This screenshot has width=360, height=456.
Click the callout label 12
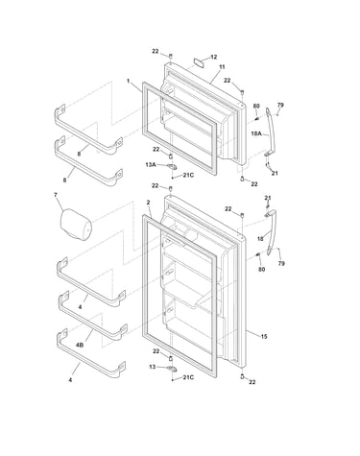click(x=213, y=57)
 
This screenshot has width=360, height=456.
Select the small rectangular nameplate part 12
click(x=199, y=62)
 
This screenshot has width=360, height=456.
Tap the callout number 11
click(x=222, y=67)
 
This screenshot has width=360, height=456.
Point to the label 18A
click(x=256, y=133)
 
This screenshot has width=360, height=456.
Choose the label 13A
click(x=151, y=164)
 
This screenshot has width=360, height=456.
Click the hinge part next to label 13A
click(x=172, y=166)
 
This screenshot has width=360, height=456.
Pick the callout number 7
click(x=56, y=194)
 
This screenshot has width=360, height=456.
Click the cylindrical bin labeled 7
click(x=76, y=225)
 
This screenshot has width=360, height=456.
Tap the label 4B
click(x=80, y=346)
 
